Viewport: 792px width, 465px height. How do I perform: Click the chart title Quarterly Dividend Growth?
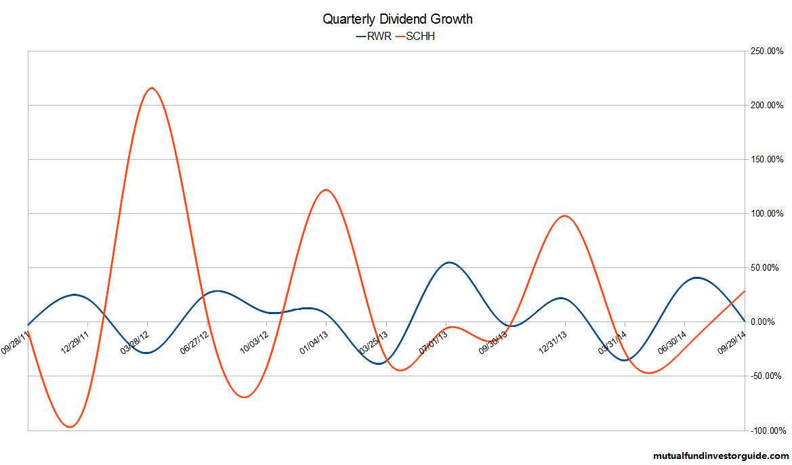tap(397, 20)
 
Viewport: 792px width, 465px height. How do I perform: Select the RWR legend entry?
tap(375, 37)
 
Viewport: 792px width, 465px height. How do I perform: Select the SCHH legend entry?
tap(419, 37)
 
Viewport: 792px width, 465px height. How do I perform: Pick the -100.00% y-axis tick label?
tap(766, 430)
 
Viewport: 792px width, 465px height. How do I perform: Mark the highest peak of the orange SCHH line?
tap(151, 88)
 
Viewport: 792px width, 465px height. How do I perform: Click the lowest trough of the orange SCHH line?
tap(70, 426)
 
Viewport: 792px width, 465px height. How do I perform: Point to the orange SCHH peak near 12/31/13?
tap(564, 216)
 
